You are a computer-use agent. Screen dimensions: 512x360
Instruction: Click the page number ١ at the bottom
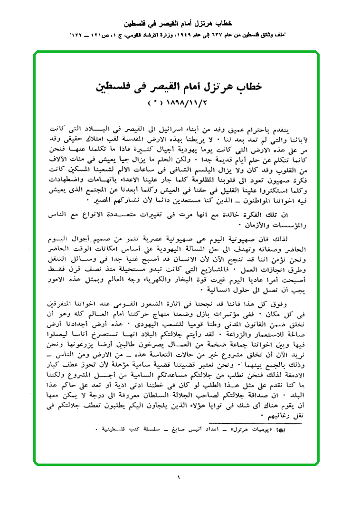179,477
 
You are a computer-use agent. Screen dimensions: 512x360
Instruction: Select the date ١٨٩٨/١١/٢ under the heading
188,102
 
